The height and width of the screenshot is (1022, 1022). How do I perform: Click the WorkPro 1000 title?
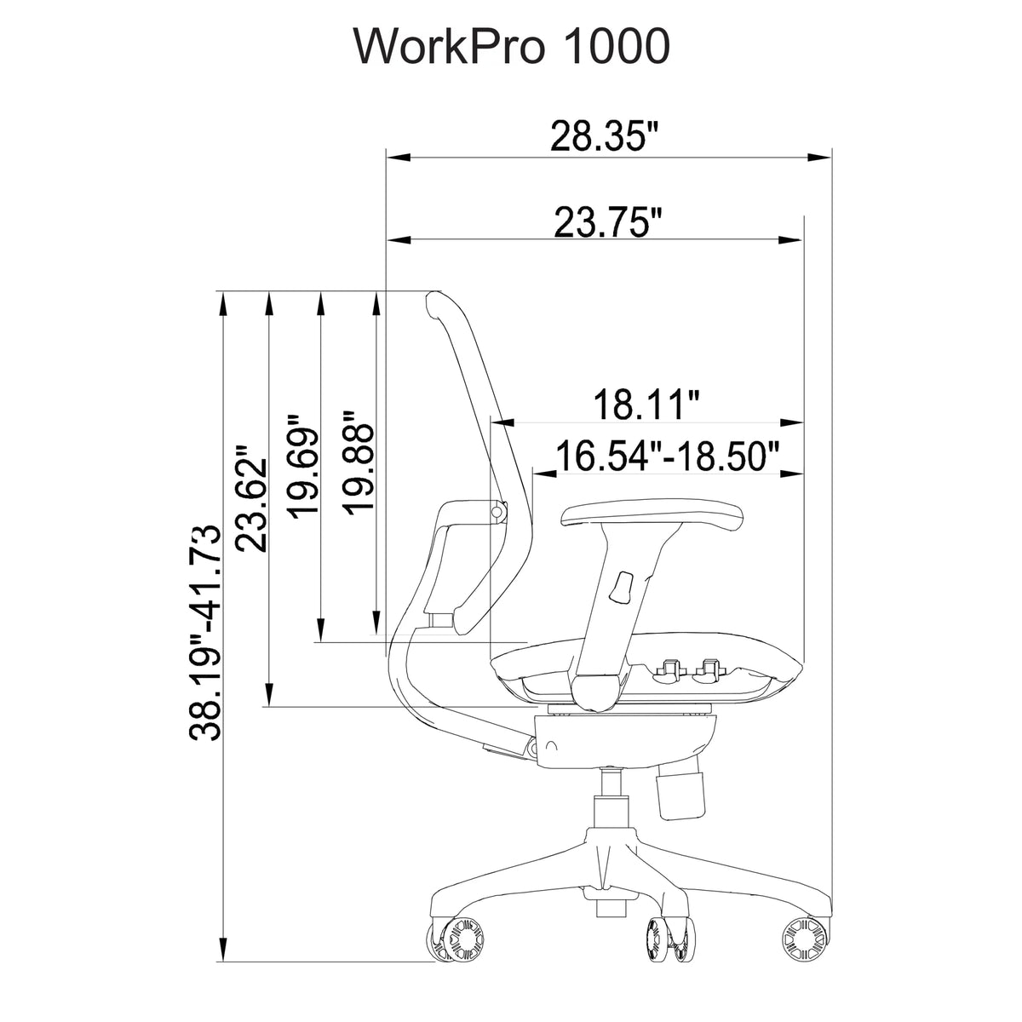coord(511,47)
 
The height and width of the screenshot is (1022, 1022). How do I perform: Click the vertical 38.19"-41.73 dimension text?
coord(204,634)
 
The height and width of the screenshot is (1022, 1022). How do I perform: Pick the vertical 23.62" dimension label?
coord(251,499)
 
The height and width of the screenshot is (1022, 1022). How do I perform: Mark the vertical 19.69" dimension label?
coord(303,464)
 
